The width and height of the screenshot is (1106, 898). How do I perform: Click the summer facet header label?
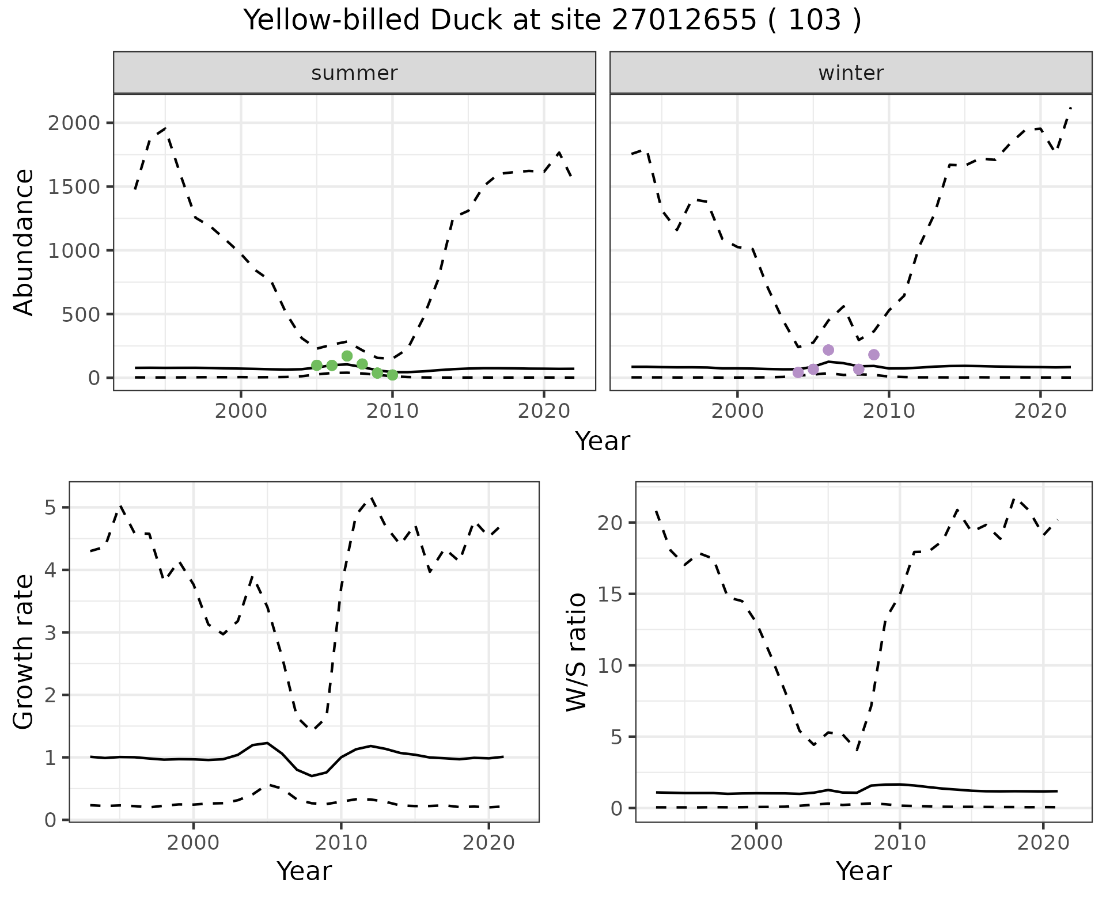[x=354, y=73]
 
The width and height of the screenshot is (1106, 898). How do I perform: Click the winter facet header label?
[x=851, y=73]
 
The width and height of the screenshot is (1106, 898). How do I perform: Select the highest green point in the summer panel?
[x=347, y=356]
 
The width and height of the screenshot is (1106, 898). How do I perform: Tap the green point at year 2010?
[x=392, y=375]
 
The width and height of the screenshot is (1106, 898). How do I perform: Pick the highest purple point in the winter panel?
[x=828, y=350]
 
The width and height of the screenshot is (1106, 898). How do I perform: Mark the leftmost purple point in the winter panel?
[x=798, y=372]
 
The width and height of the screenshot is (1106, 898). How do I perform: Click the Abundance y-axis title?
[x=24, y=242]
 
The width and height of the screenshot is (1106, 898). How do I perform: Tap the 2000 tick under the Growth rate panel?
[x=194, y=843]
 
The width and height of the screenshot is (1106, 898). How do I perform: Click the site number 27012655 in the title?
[x=683, y=21]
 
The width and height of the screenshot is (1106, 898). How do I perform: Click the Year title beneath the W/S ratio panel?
[x=863, y=871]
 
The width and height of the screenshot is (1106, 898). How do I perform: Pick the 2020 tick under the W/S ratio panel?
[x=1043, y=843]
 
